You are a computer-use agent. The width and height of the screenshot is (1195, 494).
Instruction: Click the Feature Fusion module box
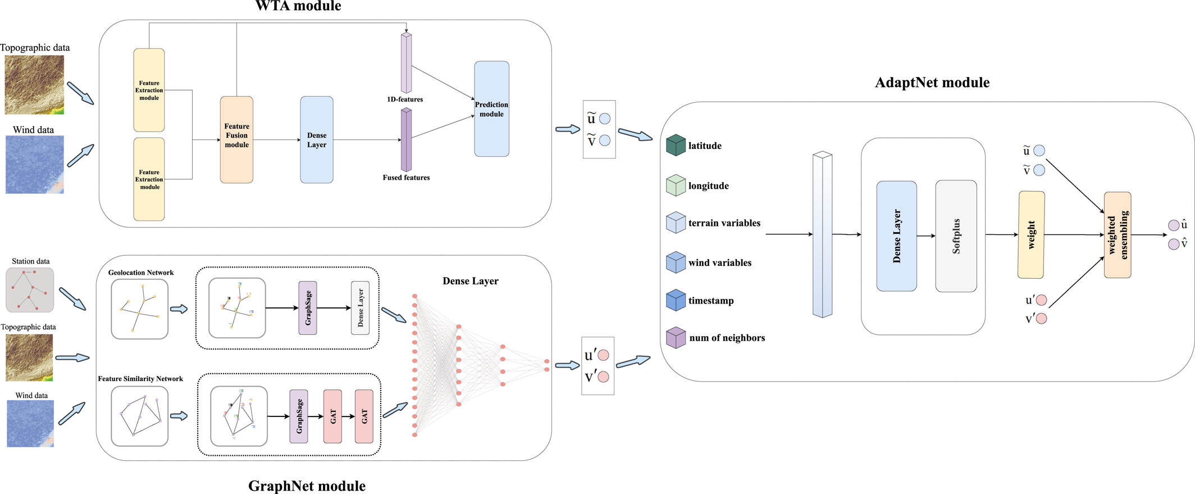(x=236, y=139)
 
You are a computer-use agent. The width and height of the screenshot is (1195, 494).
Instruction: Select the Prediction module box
(x=491, y=109)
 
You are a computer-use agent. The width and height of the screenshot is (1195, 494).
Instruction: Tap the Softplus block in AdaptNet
(x=956, y=236)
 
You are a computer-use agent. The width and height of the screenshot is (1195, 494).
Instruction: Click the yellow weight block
(x=1031, y=234)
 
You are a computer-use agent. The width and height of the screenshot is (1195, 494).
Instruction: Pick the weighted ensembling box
(x=1117, y=235)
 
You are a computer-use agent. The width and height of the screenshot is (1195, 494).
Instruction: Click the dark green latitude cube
(x=676, y=145)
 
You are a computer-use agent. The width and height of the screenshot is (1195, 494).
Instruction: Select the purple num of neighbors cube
(x=676, y=338)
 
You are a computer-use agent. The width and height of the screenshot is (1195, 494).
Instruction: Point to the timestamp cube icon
(x=676, y=300)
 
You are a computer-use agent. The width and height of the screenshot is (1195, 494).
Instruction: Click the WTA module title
(x=298, y=6)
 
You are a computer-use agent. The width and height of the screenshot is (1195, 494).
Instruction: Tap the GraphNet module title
(x=307, y=486)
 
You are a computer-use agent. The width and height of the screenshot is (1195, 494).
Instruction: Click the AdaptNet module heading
(x=932, y=83)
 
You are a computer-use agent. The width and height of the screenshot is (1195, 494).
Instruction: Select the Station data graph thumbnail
(x=30, y=290)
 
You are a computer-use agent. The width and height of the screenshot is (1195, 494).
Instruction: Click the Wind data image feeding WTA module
(x=34, y=164)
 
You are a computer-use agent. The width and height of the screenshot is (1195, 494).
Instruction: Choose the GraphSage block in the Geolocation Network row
(x=308, y=308)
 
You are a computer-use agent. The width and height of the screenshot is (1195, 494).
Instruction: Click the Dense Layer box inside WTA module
(x=317, y=140)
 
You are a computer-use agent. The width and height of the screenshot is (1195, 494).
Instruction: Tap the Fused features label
(x=406, y=178)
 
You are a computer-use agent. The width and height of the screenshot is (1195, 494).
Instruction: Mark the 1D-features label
(x=405, y=99)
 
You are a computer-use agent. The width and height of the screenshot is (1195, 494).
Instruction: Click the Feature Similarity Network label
(x=140, y=379)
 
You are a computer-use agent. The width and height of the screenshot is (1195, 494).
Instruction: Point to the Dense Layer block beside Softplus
(x=896, y=236)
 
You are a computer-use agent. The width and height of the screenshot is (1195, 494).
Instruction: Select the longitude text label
(x=708, y=186)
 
